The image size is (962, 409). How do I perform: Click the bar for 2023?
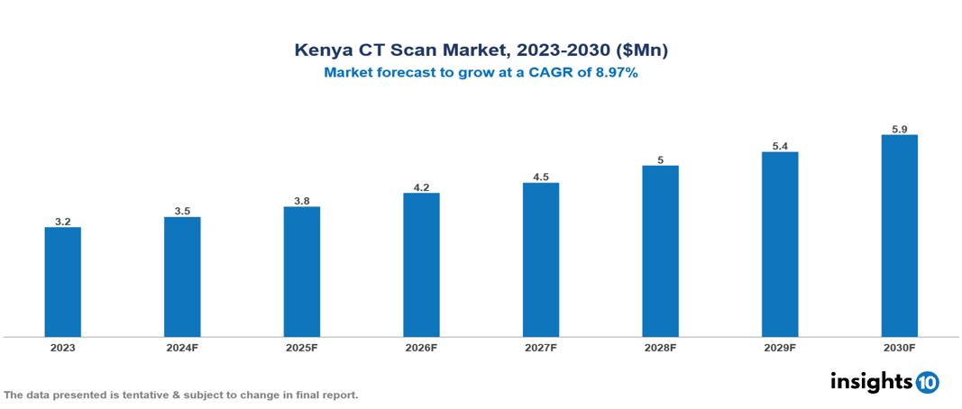63,281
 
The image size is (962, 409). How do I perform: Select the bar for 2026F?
421,264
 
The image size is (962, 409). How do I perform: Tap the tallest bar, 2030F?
899,235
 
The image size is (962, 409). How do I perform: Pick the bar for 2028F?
660,250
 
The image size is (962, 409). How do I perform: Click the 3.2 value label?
63,220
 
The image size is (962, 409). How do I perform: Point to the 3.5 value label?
182,211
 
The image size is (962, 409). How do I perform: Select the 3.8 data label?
302,200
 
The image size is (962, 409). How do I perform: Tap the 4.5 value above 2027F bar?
541,177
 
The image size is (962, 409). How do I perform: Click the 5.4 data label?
780,145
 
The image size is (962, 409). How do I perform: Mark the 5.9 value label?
899,129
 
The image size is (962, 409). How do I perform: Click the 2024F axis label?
182,348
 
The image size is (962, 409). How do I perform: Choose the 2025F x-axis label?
302,348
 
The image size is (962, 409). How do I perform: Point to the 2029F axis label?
780,348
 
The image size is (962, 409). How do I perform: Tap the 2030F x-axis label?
899,348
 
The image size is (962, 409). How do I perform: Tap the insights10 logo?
884,382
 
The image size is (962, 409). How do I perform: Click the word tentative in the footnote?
129,395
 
